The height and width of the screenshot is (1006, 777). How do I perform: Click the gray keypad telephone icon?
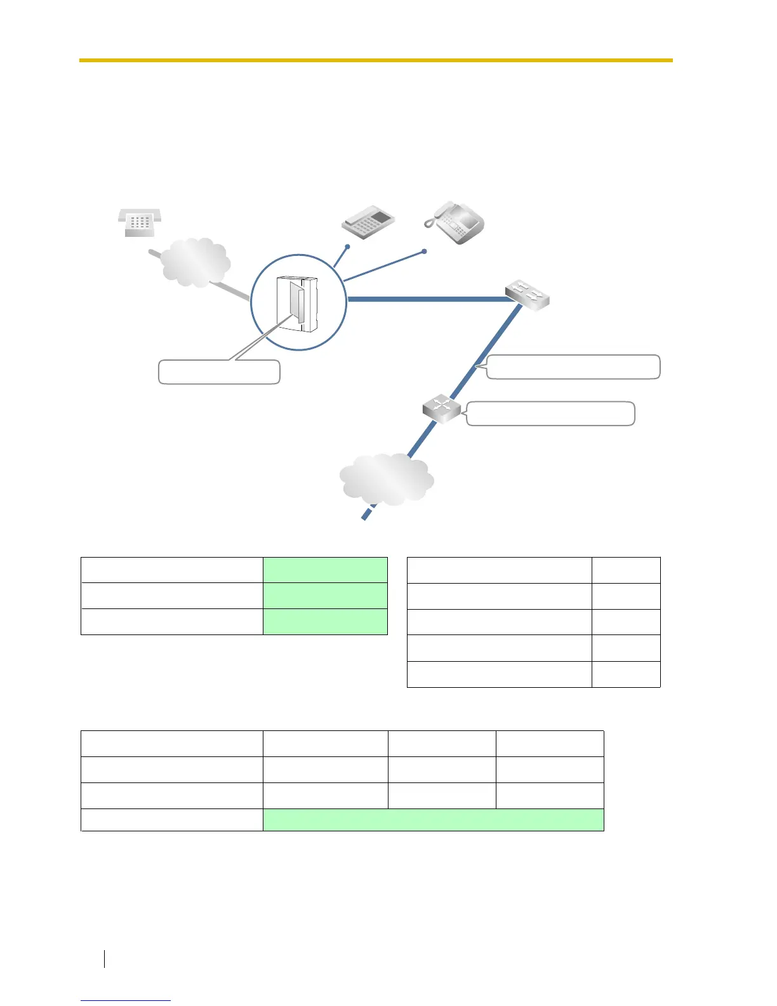pyautogui.click(x=140, y=223)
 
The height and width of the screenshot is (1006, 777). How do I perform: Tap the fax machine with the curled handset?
pyautogui.click(x=455, y=222)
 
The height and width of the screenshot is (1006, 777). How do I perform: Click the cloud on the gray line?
pyautogui.click(x=194, y=262)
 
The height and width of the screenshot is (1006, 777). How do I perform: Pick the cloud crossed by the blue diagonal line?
pyautogui.click(x=387, y=480)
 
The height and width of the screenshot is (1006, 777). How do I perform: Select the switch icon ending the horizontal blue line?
pyautogui.click(x=528, y=295)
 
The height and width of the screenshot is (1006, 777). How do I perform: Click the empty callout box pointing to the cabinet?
pyautogui.click(x=219, y=372)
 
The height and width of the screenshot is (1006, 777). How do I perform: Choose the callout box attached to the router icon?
pyautogui.click(x=551, y=413)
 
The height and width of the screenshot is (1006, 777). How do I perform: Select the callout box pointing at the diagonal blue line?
pyautogui.click(x=573, y=367)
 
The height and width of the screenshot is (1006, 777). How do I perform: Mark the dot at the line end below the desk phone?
pyautogui.click(x=347, y=246)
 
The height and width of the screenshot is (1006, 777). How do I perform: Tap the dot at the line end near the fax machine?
pyautogui.click(x=424, y=251)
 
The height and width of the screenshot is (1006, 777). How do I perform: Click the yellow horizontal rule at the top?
pyautogui.click(x=376, y=60)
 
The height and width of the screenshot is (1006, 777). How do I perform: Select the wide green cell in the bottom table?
pyautogui.click(x=433, y=820)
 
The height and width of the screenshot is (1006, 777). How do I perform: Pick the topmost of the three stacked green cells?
pyautogui.click(x=325, y=570)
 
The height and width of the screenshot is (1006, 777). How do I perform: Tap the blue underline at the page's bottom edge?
pyautogui.click(x=126, y=1000)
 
